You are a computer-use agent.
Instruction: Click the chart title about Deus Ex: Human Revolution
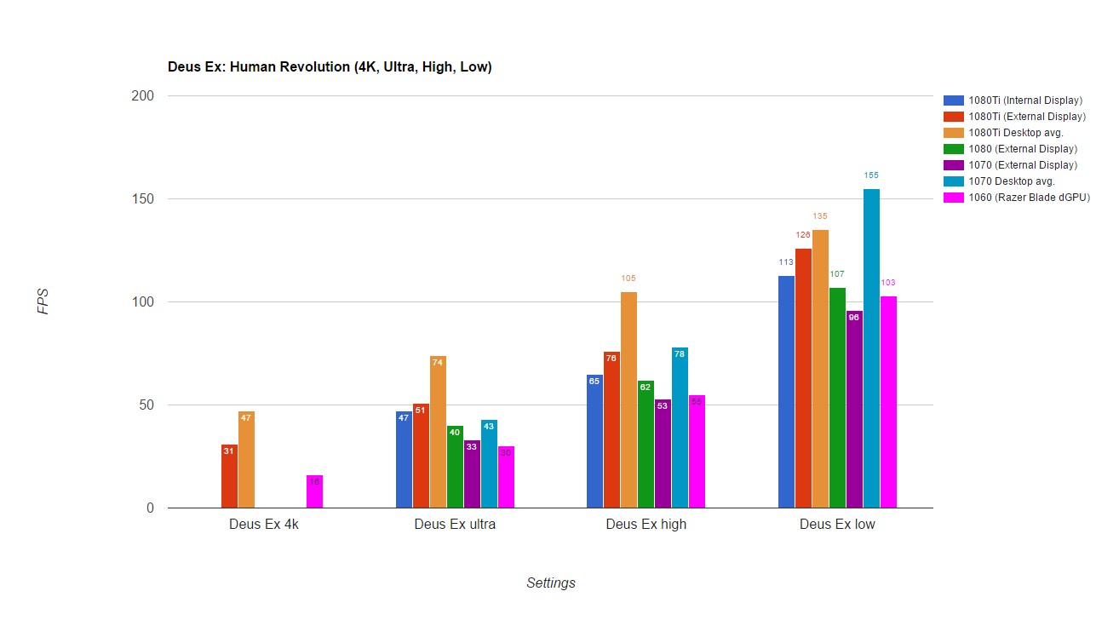pos(330,67)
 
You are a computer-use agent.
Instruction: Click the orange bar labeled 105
pos(628,399)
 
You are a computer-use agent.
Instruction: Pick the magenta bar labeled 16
pos(314,491)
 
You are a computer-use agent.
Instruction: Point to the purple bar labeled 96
pos(854,409)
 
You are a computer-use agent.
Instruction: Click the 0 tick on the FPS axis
pos(149,508)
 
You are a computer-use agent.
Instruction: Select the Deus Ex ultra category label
pos(455,525)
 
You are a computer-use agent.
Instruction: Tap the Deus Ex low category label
pos(837,525)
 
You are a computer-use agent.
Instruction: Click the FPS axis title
pos(43,301)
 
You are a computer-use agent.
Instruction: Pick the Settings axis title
pos(550,583)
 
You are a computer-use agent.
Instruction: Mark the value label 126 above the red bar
pos(803,235)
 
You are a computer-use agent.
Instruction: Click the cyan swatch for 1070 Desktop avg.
pos(953,181)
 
